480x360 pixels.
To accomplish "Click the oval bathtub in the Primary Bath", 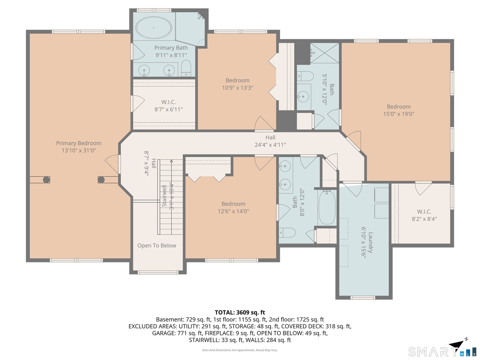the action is (154, 28).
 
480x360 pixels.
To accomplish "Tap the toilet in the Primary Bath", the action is (186, 68).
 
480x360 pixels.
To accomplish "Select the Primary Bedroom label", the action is (79, 143).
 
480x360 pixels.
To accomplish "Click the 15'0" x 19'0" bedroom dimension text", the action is (399, 114).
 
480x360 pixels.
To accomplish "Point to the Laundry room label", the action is (370, 242).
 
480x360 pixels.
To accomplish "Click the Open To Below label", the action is (157, 245).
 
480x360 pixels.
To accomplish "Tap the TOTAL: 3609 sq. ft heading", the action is (240, 312).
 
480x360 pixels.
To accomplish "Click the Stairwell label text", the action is (164, 196).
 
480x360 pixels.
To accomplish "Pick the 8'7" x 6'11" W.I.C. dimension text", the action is (168, 109).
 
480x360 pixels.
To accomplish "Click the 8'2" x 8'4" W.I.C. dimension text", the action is (424, 219).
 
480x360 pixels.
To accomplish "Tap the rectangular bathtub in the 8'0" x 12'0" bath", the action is (327, 207).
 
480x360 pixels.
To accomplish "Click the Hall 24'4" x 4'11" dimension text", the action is (270, 145).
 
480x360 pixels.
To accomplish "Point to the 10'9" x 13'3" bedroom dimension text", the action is (237, 88).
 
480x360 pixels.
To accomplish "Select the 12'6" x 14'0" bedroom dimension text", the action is (233, 211).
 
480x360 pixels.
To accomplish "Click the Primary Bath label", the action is (171, 48).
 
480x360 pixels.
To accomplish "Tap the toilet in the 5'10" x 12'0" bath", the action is (305, 76).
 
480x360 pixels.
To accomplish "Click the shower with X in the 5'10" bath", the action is (325, 53).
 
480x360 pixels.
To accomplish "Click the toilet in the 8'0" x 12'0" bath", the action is (287, 233).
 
